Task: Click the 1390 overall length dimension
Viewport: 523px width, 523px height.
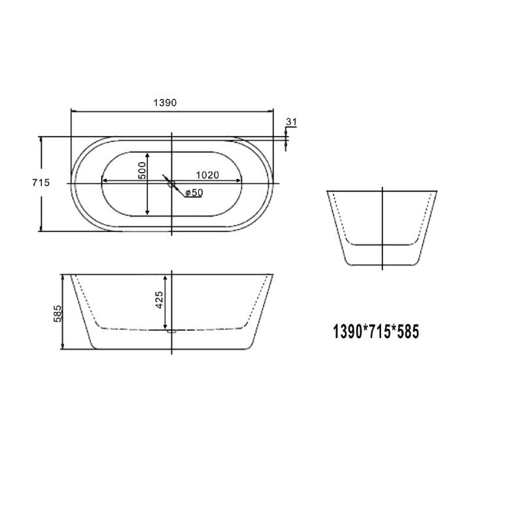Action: (x=165, y=103)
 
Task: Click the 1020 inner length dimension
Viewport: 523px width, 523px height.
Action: (x=207, y=175)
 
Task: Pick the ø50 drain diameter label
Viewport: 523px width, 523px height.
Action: (x=194, y=192)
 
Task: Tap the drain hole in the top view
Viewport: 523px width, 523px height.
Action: (x=173, y=184)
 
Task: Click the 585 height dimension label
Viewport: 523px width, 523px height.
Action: (x=57, y=314)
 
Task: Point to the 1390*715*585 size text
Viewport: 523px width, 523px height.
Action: (x=376, y=331)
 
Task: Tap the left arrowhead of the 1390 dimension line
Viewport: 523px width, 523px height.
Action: (x=73, y=111)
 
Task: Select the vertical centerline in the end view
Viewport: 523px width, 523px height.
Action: (x=382, y=229)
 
